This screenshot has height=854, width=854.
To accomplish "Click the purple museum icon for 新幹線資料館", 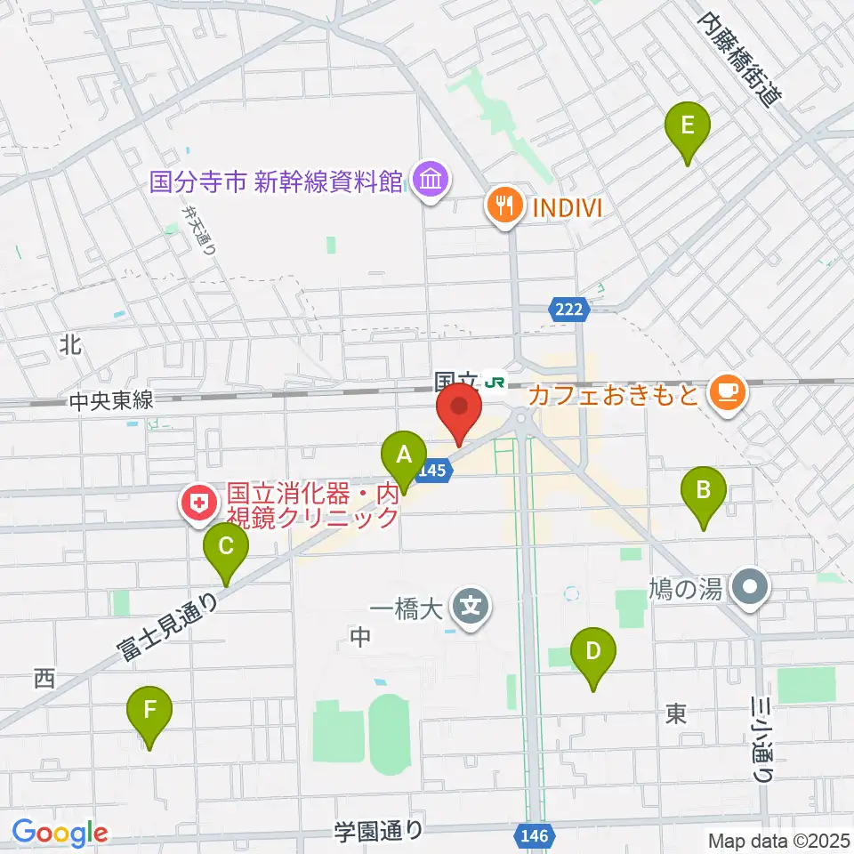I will pos(431,181).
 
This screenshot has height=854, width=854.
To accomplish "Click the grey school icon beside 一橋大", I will pos(470,608).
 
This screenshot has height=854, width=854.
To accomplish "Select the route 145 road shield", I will pos(430,473).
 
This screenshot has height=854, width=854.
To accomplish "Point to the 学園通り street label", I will pos(379,833).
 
